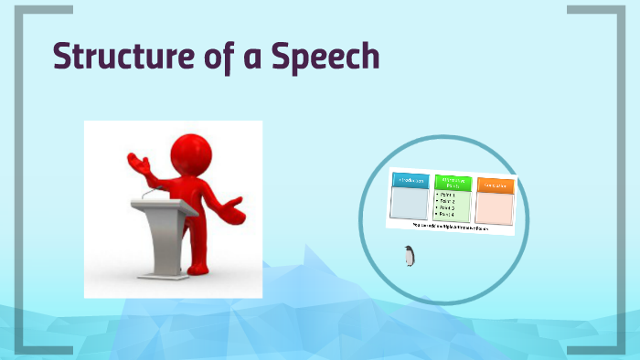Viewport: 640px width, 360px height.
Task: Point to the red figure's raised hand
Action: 138,165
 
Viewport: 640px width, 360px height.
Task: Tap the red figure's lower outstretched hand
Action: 236,212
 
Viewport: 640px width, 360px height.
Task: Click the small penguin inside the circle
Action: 409,257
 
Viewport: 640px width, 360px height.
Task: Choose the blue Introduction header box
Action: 409,181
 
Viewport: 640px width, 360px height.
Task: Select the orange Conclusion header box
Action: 496,185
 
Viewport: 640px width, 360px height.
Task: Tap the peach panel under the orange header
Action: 495,207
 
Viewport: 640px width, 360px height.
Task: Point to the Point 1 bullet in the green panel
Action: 448,194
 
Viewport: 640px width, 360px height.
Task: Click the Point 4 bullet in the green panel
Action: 448,214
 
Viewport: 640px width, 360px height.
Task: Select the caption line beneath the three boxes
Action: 450,226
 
